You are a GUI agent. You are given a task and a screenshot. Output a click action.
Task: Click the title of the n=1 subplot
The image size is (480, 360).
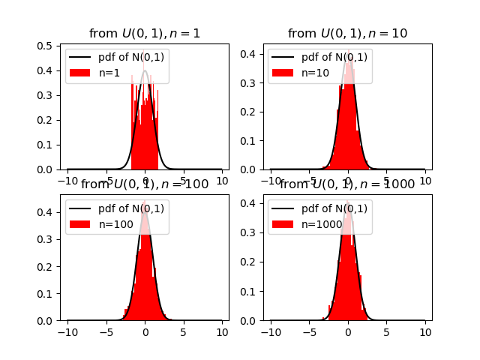[145, 34]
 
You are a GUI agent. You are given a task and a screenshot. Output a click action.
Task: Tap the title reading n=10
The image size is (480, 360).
[347, 34]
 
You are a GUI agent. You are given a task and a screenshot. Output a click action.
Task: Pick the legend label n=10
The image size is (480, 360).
[313, 73]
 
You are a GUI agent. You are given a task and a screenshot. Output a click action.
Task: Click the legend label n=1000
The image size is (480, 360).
[321, 224]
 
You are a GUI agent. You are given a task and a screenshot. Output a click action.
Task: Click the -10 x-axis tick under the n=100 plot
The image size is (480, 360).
[67, 332]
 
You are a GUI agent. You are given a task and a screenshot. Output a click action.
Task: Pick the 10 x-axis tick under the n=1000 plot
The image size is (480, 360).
[425, 332]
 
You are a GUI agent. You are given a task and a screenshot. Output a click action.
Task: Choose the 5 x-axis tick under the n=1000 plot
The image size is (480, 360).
[386, 332]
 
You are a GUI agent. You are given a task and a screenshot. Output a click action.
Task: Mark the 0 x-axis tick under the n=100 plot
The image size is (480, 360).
[145, 332]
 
